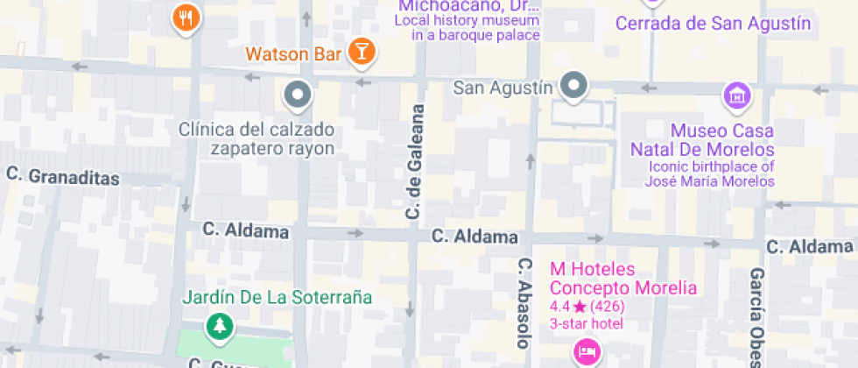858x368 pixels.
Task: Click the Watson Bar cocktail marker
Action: pos(360,52)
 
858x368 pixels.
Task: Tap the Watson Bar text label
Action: pos(293,54)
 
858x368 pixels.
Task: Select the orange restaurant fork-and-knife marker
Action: pos(186,17)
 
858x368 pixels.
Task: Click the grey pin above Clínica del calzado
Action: pos(298,94)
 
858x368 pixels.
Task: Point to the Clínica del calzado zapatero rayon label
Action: pos(256,138)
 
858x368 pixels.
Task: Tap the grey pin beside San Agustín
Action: pos(574,86)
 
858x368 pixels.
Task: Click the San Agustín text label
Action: pos(503,88)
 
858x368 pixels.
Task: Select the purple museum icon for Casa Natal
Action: pos(737,95)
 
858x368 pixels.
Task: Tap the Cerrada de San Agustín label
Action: pos(714,24)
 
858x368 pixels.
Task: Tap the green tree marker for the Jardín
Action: pos(218,327)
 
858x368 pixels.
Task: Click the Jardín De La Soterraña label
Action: pos(277,297)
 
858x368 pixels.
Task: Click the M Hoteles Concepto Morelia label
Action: pos(622,278)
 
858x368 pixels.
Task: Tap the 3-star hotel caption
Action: pos(586,324)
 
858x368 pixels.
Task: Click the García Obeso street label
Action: pos(757,315)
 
